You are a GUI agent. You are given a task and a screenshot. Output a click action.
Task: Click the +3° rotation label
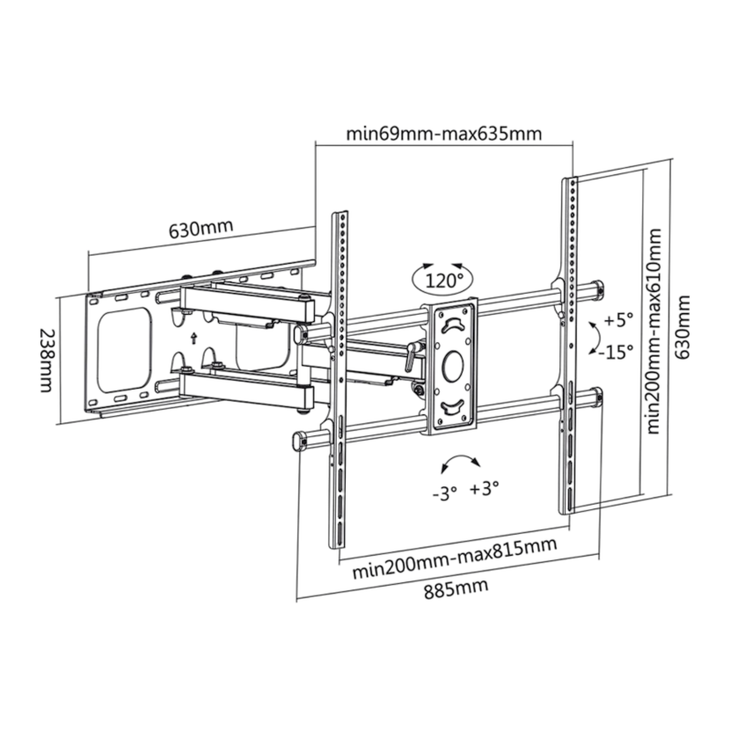point(487,490)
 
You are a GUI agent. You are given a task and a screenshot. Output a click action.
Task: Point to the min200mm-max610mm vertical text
point(652,333)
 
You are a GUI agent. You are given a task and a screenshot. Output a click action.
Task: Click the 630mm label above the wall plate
point(200,227)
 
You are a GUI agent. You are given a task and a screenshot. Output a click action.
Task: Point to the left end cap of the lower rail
point(299,441)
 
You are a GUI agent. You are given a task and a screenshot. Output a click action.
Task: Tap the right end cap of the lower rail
point(598,397)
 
